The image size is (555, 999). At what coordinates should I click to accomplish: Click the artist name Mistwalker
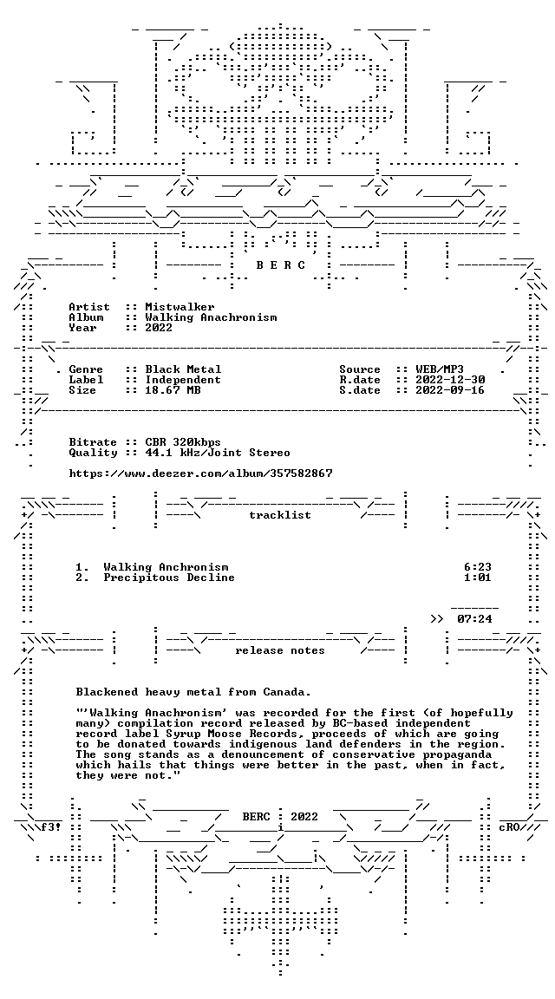pos(180,307)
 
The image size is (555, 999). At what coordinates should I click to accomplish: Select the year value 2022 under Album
pos(159,328)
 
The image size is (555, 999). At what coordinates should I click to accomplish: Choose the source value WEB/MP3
pos(440,369)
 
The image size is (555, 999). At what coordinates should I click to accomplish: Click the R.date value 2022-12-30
pos(450,380)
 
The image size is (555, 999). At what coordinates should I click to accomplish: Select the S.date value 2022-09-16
pos(450,390)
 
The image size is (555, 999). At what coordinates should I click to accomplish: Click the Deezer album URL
pos(200,473)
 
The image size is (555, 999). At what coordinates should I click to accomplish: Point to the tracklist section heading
pos(280,515)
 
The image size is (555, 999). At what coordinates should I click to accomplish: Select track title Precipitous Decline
pos(169,578)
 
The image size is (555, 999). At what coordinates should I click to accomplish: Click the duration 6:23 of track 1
pos(478,567)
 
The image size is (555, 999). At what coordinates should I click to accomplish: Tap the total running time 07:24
pos(474,618)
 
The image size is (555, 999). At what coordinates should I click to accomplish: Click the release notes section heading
pos(280,650)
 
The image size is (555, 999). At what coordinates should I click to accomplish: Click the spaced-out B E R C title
pos(280,265)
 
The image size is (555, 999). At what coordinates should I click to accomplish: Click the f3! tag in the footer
pos(52,827)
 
